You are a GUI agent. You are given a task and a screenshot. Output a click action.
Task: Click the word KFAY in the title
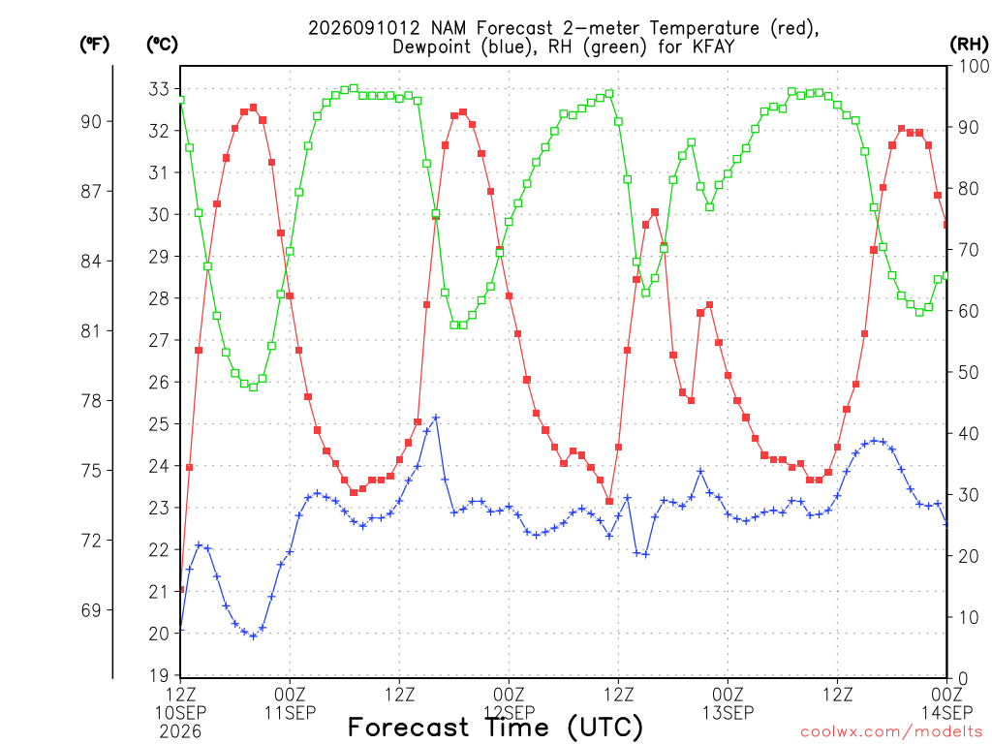(x=713, y=46)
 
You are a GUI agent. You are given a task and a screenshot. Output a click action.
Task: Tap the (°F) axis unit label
(x=94, y=45)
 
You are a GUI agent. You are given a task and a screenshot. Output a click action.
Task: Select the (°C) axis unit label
(x=162, y=45)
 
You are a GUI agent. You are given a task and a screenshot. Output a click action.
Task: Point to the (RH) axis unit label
(x=969, y=45)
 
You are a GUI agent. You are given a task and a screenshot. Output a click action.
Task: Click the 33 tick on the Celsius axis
(x=159, y=89)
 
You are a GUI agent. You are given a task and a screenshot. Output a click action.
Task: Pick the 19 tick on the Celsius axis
(x=159, y=675)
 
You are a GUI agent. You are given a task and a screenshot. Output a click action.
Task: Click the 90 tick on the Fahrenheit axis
(x=91, y=121)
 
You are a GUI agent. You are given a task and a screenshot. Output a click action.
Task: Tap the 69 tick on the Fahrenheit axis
(x=91, y=610)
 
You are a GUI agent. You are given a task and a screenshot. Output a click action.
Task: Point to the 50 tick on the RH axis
(x=969, y=372)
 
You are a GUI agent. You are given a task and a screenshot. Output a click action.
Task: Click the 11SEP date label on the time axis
(x=290, y=713)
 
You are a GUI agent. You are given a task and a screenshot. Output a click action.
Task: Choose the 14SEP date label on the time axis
(x=946, y=713)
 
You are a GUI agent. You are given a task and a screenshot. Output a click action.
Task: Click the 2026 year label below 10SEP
(x=180, y=732)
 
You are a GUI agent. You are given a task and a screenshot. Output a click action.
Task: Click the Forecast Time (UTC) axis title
(x=495, y=728)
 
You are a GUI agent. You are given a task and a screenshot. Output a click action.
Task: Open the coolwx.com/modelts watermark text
(x=893, y=732)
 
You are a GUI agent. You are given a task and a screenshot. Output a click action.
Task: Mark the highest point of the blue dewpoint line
(x=435, y=418)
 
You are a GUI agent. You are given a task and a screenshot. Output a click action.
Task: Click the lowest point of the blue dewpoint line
(x=254, y=636)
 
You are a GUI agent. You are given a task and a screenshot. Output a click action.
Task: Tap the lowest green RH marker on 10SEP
(x=254, y=387)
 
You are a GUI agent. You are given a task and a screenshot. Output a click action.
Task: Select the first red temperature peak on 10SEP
(x=254, y=108)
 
